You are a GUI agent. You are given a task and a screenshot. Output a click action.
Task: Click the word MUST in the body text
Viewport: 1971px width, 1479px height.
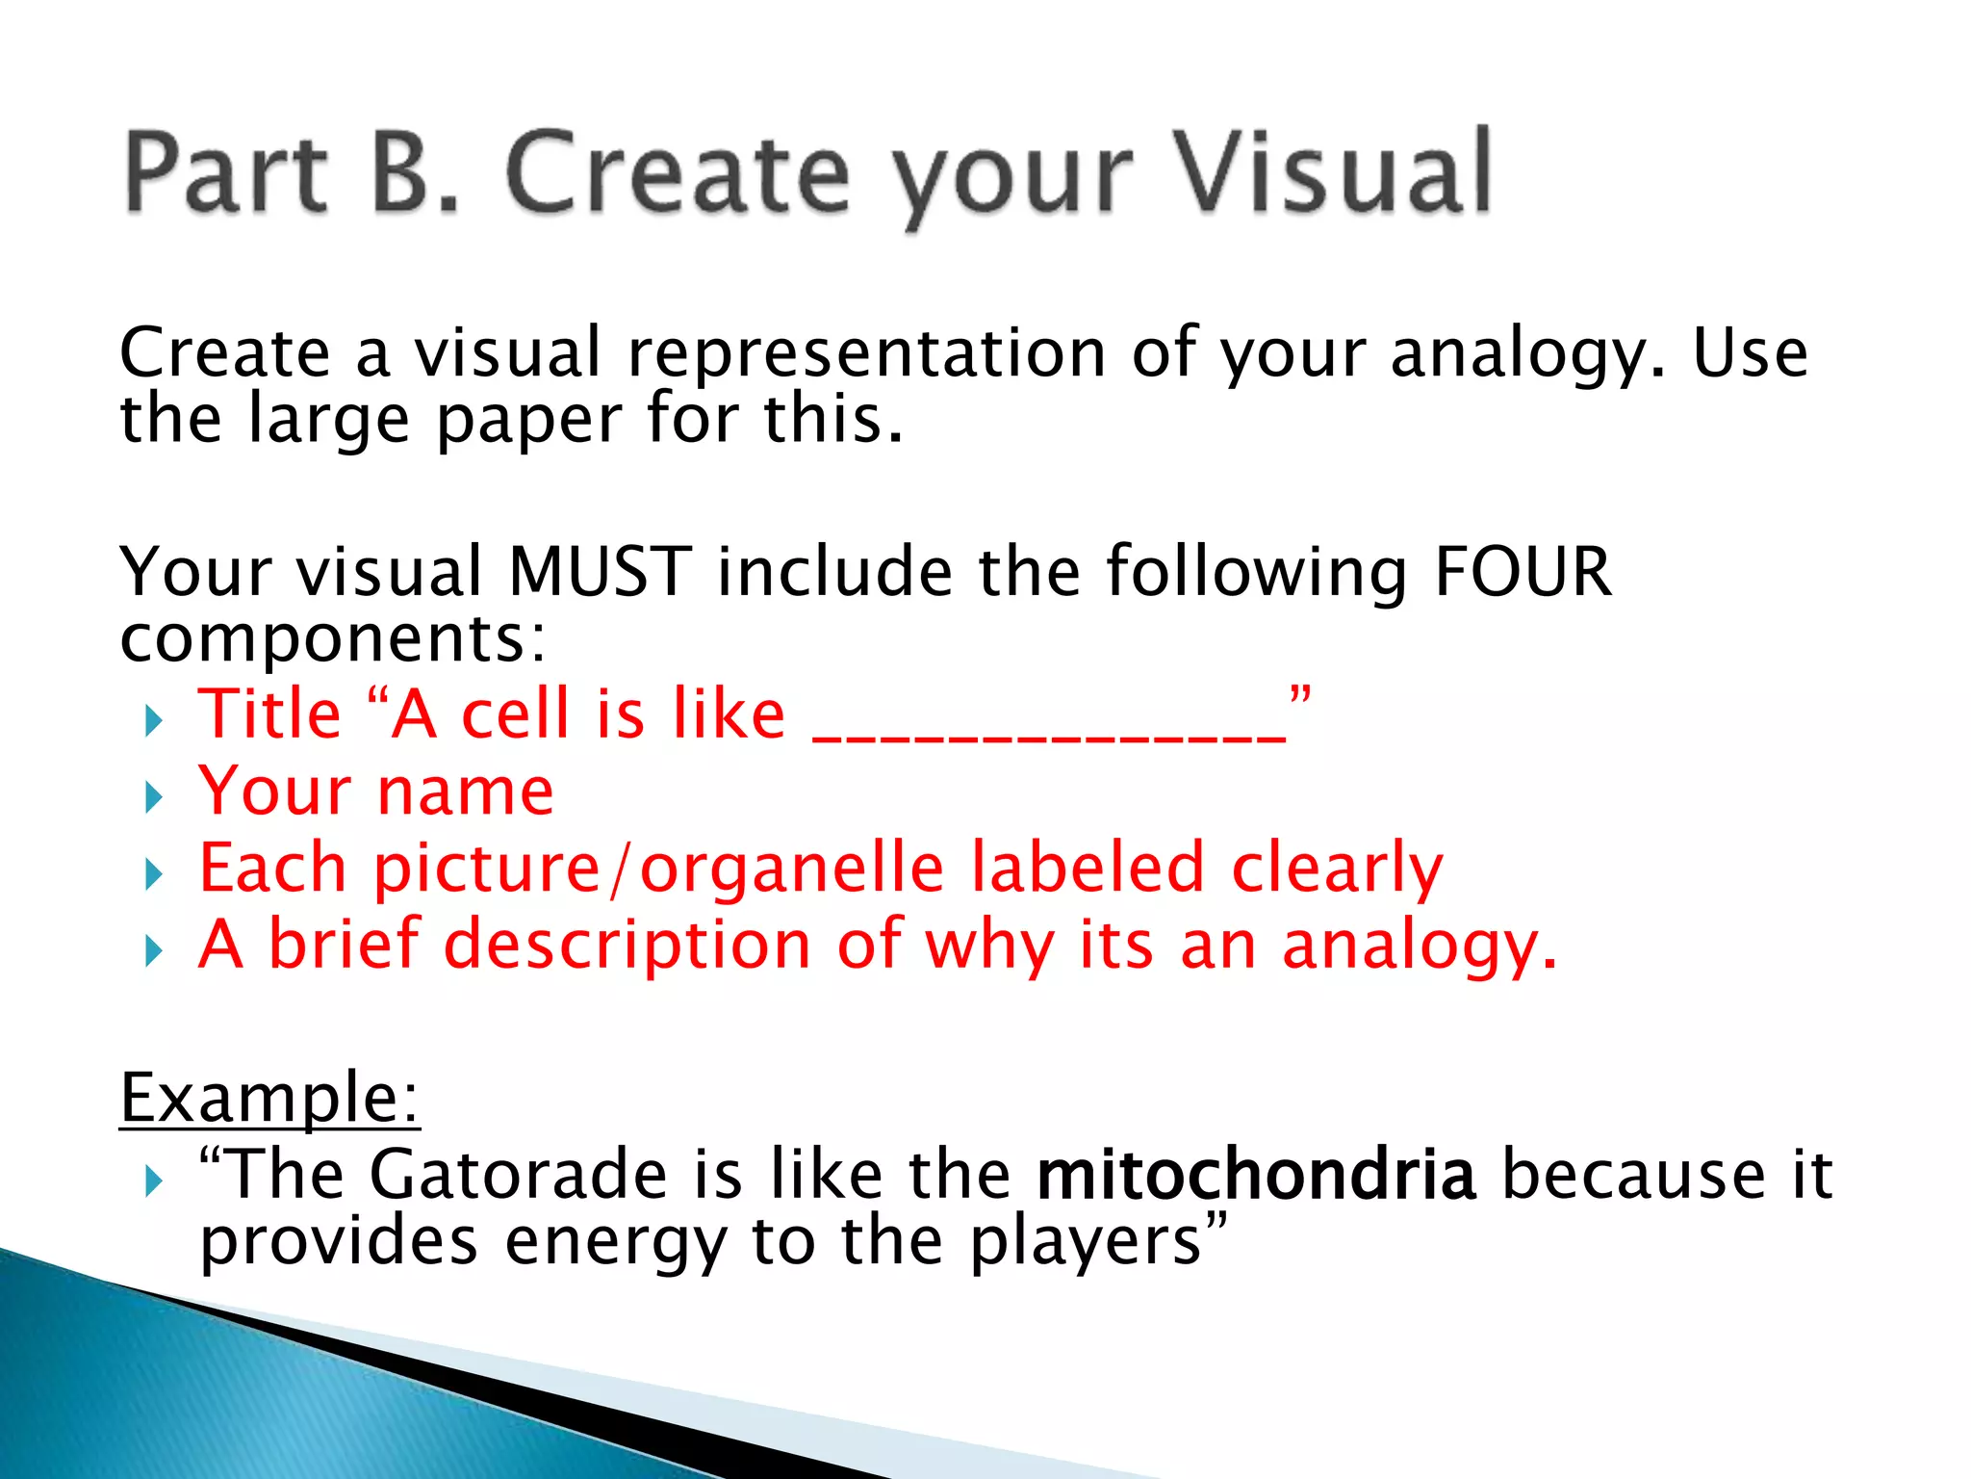(600, 572)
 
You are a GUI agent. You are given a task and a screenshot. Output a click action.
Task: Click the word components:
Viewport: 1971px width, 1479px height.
(333, 639)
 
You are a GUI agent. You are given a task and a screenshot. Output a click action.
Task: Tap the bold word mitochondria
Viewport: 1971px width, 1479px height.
(1256, 1175)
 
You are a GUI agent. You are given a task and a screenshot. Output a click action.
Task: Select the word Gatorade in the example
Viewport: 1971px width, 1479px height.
(518, 1175)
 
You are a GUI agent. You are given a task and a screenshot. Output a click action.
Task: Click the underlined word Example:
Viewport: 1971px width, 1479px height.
(269, 1098)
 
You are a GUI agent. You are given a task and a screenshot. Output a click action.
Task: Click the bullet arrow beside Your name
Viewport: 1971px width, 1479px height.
(153, 797)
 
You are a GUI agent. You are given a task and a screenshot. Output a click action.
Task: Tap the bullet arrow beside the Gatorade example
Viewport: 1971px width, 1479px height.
(153, 1181)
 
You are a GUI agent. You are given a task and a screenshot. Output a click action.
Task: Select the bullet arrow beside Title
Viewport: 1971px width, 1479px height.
(153, 720)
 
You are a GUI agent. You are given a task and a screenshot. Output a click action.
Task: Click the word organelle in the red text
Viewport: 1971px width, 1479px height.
(791, 869)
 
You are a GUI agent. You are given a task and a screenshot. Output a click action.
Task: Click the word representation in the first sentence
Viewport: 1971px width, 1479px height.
(866, 353)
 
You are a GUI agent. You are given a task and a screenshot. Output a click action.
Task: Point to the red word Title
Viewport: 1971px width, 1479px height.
(269, 714)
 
